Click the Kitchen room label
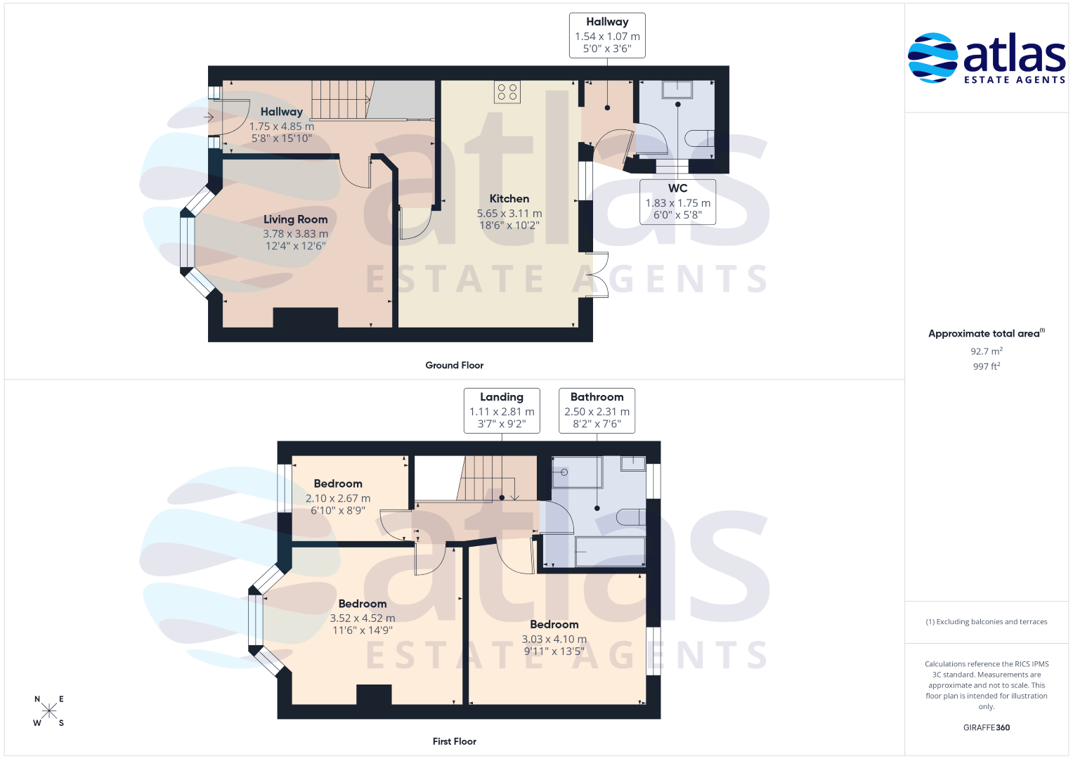[x=509, y=199]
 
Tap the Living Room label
[x=296, y=219]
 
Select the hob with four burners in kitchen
[x=507, y=92]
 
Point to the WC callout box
[x=678, y=202]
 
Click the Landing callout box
[x=502, y=410]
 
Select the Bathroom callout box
[x=597, y=410]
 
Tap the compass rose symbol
[x=49, y=711]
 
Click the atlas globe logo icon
[x=932, y=58]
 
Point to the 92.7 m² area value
[x=987, y=351]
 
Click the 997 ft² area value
[x=987, y=367]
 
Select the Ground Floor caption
[x=454, y=365]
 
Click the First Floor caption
[x=454, y=741]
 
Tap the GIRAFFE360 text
[x=987, y=727]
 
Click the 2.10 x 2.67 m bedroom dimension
[x=338, y=498]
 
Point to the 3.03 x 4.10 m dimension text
[x=554, y=640]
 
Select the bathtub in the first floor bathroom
[x=610, y=552]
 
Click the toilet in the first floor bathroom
[x=631, y=517]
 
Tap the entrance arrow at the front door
[x=209, y=117]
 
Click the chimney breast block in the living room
[x=306, y=318]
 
